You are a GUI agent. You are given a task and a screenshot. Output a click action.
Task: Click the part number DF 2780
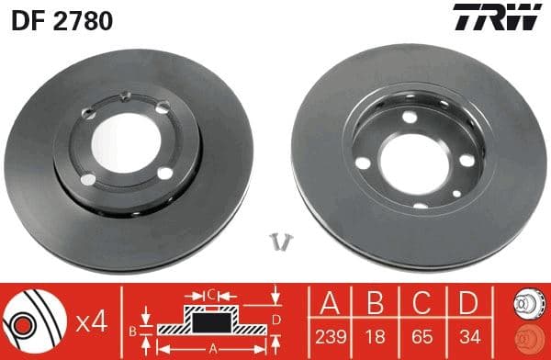pos(62,20)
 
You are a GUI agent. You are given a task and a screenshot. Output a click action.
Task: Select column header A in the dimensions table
pos(330,301)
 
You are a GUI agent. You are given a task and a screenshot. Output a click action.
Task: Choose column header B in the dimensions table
pos(374,301)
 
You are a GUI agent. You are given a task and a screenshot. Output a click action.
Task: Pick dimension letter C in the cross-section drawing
pos(210,294)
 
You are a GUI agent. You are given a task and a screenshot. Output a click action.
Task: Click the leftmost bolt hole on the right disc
pos(363,163)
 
